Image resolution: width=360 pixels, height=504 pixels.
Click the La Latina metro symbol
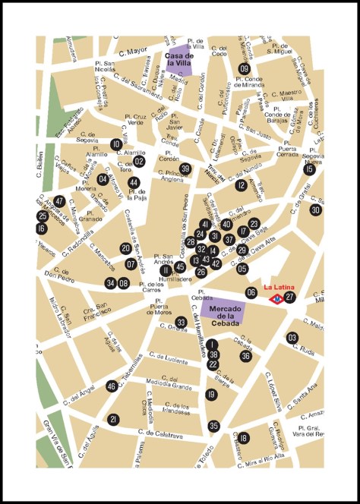(x=278, y=298)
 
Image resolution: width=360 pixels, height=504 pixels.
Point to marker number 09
(x=244, y=69)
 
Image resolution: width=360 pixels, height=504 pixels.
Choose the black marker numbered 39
(x=185, y=169)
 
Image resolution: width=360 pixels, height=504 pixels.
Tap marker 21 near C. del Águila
(x=113, y=419)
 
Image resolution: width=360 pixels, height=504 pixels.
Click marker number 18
(x=243, y=438)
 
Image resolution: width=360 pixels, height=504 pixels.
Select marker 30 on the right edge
(x=315, y=209)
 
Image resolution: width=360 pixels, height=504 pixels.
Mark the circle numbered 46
(x=112, y=386)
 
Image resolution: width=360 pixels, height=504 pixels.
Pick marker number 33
(x=181, y=323)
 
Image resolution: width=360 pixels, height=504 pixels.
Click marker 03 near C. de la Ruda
(x=292, y=338)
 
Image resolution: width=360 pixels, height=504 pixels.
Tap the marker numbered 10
(x=115, y=144)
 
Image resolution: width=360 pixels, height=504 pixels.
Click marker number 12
(x=241, y=185)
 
